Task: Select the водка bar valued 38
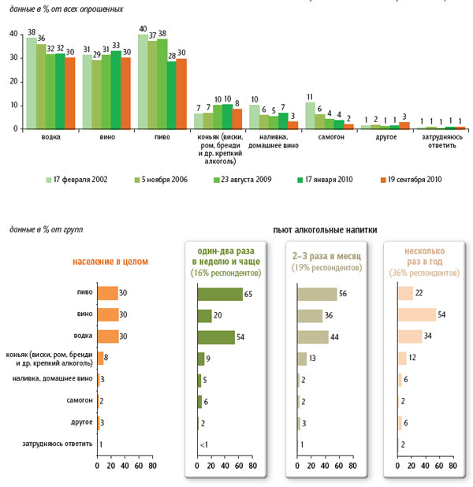point(31,83)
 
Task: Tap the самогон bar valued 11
point(310,115)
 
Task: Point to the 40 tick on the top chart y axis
point(14,34)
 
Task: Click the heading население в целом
point(111,261)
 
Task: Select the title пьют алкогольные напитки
point(324,230)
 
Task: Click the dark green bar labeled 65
point(220,294)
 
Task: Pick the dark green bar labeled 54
point(217,337)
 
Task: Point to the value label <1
point(203,444)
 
